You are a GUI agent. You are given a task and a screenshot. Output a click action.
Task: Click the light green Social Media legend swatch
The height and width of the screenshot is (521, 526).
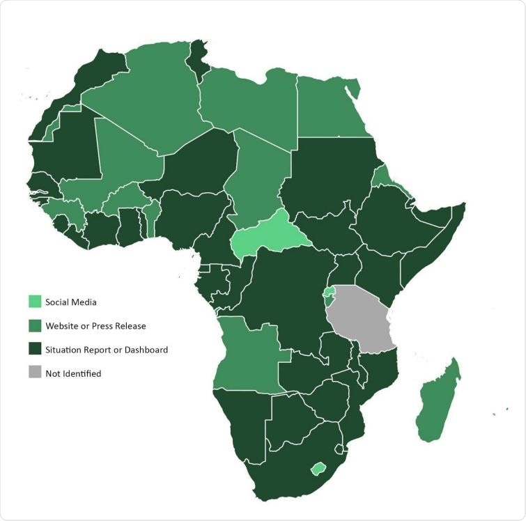[x=34, y=302]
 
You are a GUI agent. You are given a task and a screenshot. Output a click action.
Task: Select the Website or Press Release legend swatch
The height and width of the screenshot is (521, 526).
[x=34, y=325]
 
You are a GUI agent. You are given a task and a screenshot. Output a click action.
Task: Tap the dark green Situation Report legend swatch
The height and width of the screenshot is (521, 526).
[x=34, y=350]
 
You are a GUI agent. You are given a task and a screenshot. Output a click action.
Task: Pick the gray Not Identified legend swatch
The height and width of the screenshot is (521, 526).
[x=34, y=373]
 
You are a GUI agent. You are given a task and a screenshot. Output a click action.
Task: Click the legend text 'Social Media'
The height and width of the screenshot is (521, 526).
[x=71, y=302]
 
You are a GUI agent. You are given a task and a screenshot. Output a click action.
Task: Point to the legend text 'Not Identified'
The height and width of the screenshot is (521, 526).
[x=73, y=373]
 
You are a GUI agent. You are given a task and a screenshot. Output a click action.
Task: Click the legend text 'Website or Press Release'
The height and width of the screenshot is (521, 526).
[x=95, y=325]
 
